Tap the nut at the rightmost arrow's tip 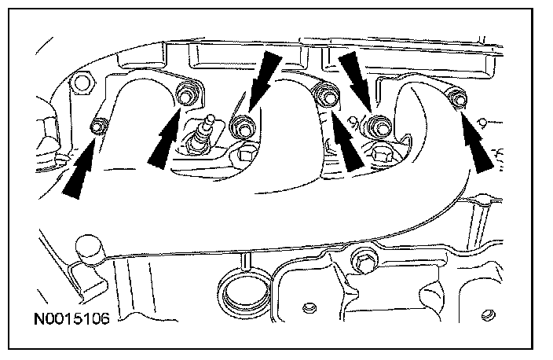point(456,98)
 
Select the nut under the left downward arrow point(240,124)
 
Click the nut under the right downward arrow point(380,124)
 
